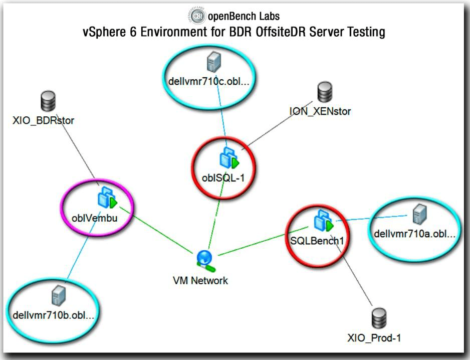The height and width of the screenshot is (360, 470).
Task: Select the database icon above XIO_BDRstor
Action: (x=48, y=102)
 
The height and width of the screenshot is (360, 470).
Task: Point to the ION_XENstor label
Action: (x=320, y=111)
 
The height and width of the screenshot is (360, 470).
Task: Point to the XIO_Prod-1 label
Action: (x=374, y=337)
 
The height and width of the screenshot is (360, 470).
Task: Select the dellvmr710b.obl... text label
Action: (x=54, y=315)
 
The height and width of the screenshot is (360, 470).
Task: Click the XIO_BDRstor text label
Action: (x=43, y=120)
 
